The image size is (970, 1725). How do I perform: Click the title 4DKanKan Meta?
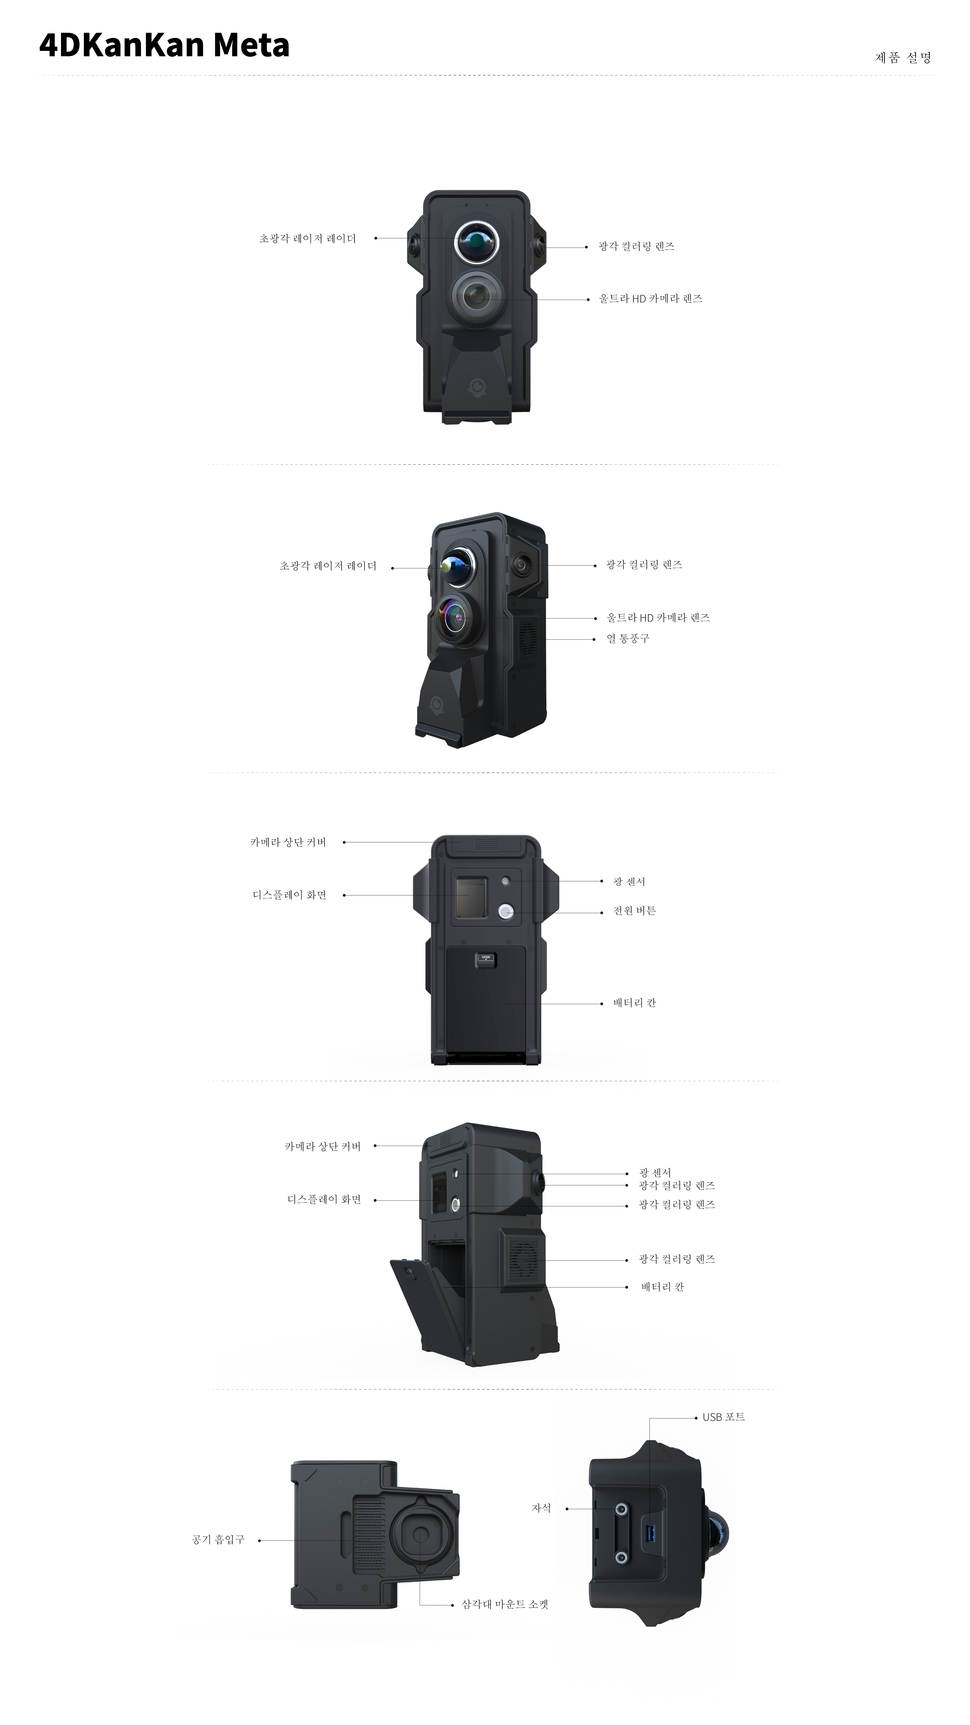point(164,45)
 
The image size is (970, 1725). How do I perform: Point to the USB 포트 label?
point(724,1417)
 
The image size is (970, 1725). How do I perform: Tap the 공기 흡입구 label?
point(218,1540)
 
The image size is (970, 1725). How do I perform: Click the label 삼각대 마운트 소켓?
point(505,1604)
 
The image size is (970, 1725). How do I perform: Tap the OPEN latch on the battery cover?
point(486,959)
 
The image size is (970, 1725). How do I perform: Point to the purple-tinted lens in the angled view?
point(457,617)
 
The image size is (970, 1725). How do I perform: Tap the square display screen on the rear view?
point(472,897)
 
